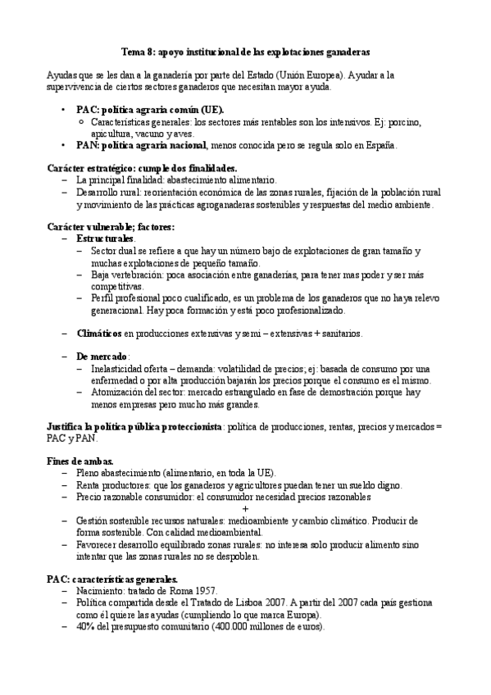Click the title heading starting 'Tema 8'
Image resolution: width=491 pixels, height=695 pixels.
(245, 49)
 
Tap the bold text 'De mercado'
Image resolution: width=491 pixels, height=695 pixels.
(102, 357)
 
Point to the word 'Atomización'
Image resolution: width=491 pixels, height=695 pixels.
(116, 393)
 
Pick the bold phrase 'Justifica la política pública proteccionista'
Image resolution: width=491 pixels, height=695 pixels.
(134, 428)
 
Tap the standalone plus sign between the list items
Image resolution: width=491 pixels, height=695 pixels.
(246, 509)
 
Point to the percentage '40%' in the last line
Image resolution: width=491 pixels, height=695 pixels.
(84, 627)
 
